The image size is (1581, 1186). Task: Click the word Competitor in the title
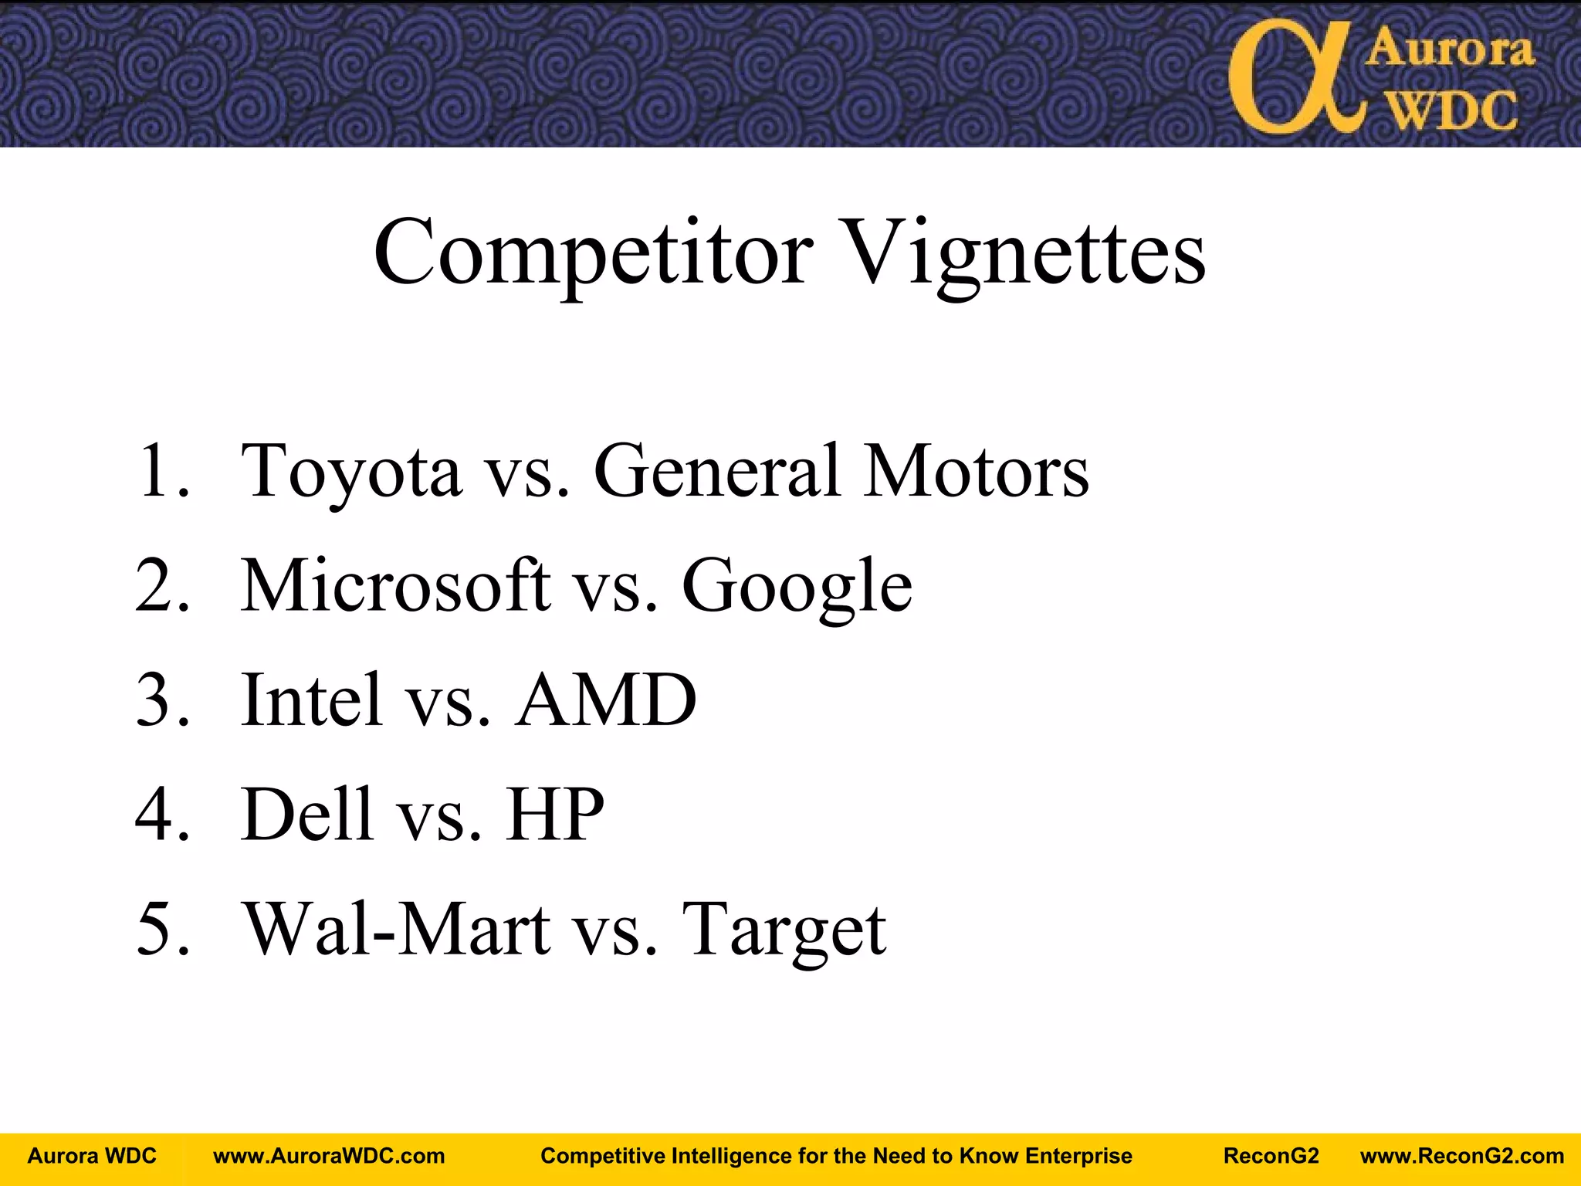coord(593,253)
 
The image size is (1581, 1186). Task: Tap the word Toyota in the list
coord(351,471)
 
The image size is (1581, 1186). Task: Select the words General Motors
coord(841,471)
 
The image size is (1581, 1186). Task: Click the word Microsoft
coord(396,585)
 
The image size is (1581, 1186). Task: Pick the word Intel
coord(311,700)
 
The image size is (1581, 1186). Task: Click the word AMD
coord(606,700)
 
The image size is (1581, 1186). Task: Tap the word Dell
coord(306,814)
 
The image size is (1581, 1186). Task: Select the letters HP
coord(555,814)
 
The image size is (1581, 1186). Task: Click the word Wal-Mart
coord(396,929)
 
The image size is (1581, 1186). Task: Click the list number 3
coord(161,700)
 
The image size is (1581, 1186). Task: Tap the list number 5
coord(161,929)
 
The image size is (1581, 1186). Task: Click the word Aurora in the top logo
coord(1450,49)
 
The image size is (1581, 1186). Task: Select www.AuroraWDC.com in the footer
coord(329,1156)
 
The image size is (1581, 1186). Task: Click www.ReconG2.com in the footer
coord(1461,1156)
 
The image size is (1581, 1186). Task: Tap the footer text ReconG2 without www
coord(1271,1156)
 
